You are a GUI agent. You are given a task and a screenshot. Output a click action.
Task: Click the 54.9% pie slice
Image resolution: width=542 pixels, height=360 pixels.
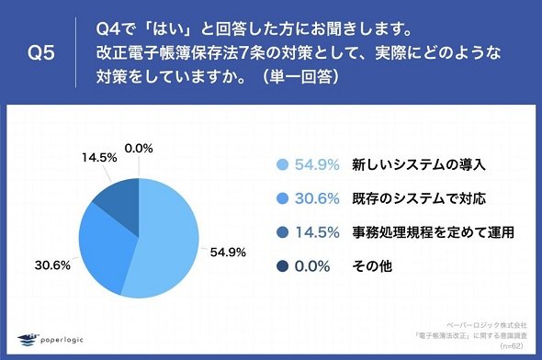tap(166, 242)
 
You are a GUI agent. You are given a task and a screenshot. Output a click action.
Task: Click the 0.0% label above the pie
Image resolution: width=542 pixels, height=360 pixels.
tap(139, 149)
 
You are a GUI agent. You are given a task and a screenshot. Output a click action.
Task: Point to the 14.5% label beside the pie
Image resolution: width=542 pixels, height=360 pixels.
tap(99, 158)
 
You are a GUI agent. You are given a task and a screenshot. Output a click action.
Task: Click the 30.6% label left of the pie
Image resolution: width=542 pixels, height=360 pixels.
tap(52, 265)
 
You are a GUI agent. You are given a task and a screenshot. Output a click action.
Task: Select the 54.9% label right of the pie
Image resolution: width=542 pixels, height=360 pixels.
tap(228, 253)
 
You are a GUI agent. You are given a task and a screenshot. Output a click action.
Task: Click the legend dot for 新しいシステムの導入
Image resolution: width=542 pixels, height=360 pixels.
tap(282, 164)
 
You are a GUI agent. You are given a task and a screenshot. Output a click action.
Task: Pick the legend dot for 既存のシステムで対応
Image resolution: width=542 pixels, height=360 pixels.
tap(282, 198)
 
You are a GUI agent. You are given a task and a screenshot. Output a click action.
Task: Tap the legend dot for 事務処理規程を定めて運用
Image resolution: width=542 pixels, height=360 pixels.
tap(282, 232)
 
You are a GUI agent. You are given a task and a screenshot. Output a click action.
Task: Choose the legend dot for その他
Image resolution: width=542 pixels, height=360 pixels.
tap(282, 266)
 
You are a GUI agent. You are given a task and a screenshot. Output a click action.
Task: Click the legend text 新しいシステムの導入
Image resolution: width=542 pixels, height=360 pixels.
tap(419, 164)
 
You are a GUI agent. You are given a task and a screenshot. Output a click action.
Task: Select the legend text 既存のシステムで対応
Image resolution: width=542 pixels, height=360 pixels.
tap(419, 198)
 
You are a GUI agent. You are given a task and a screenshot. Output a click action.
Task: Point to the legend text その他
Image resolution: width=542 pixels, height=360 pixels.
tap(372, 266)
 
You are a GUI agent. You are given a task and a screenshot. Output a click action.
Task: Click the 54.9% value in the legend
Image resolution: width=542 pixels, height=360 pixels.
tap(317, 164)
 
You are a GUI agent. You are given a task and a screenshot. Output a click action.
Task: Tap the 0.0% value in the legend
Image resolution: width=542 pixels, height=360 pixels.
tap(312, 266)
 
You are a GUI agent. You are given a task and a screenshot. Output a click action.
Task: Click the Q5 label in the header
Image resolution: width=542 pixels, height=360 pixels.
tap(41, 53)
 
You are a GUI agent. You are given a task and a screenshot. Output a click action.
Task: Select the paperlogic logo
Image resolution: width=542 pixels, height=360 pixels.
tap(51, 340)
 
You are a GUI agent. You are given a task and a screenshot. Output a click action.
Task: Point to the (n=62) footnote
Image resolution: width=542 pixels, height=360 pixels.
tap(512, 346)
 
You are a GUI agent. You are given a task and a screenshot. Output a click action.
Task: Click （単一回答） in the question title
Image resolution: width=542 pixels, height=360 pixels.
tap(300, 76)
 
